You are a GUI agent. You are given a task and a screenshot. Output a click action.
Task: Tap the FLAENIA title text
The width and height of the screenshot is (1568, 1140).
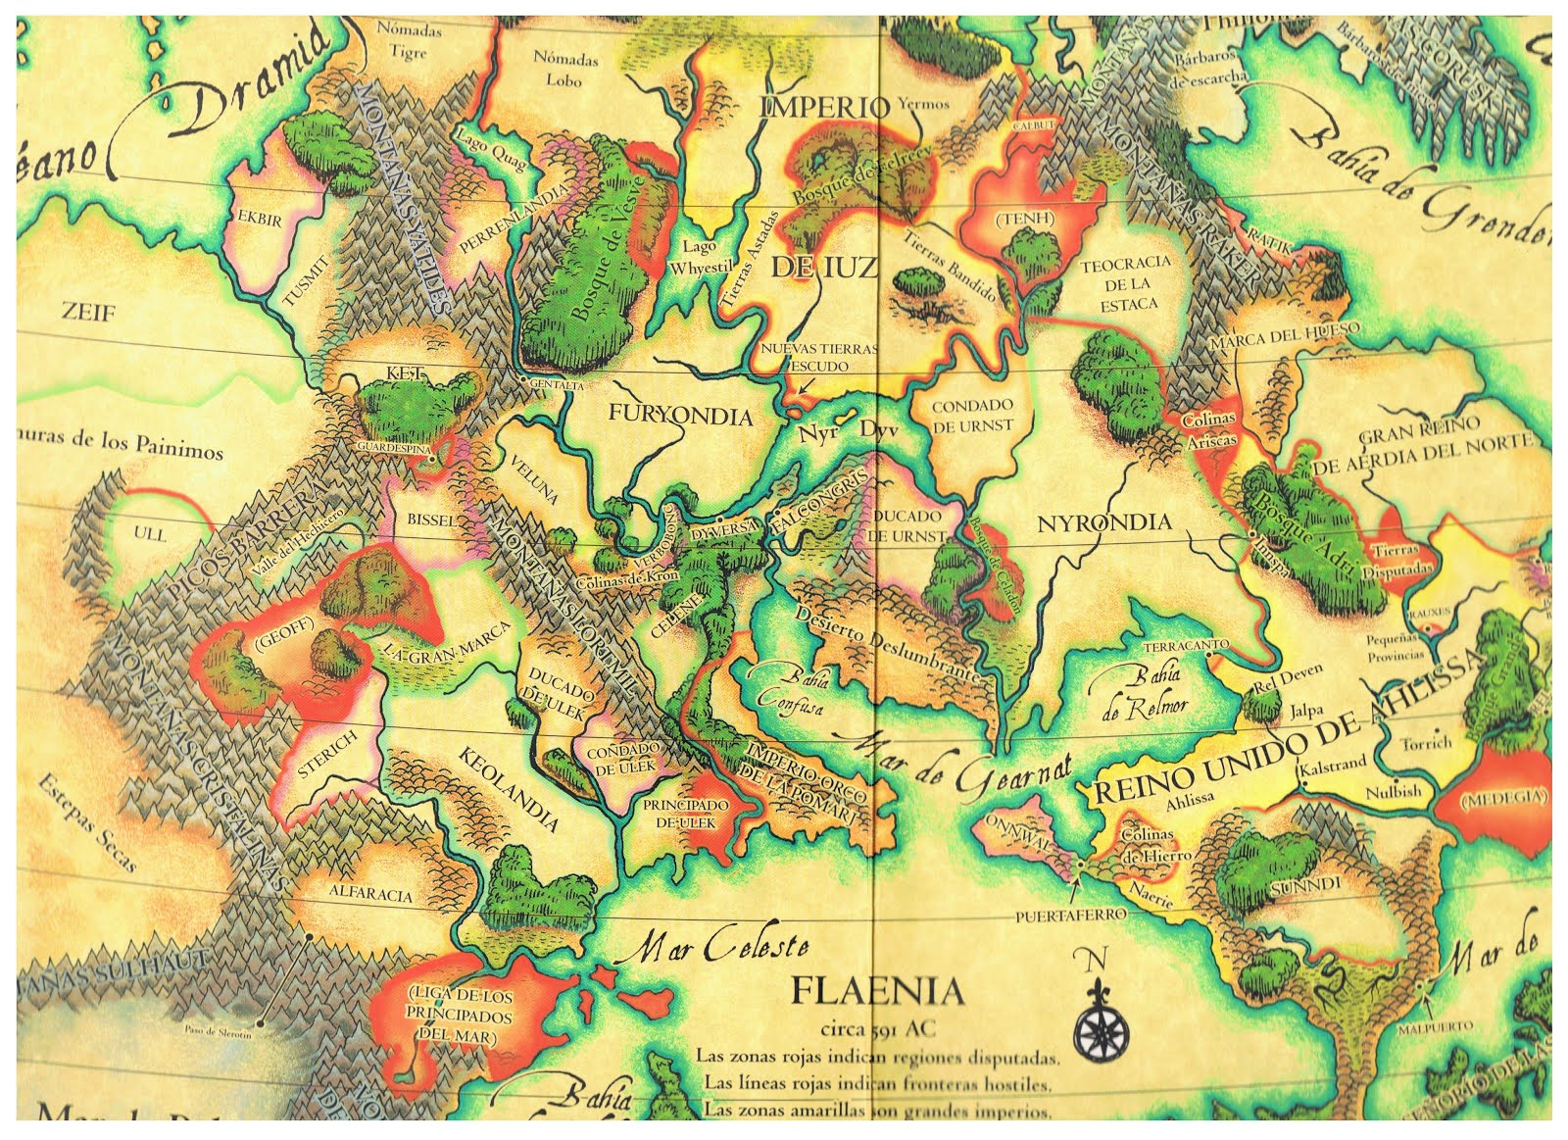click(877, 992)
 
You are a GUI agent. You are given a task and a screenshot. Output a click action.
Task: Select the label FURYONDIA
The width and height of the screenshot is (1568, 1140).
click(680, 416)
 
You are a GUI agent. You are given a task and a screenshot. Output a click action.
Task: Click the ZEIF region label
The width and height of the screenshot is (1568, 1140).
click(88, 314)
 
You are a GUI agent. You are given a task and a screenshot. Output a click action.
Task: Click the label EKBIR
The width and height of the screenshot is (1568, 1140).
click(260, 220)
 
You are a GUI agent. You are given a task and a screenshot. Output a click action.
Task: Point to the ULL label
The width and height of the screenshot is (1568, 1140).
click(150, 535)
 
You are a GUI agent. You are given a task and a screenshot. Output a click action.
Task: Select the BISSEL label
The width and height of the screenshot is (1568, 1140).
click(431, 521)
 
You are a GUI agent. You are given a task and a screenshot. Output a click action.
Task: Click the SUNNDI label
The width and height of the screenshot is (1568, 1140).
click(1296, 886)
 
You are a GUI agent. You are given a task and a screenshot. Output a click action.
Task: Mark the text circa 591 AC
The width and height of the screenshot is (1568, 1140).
click(876, 1030)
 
